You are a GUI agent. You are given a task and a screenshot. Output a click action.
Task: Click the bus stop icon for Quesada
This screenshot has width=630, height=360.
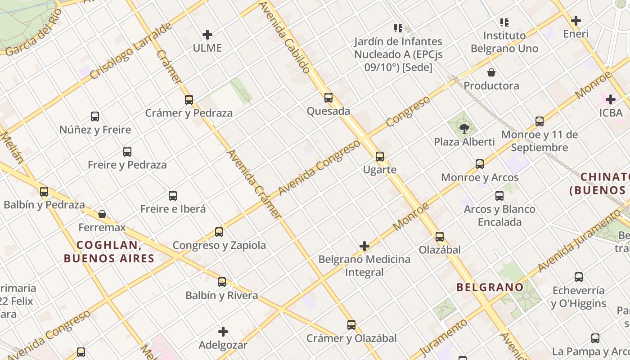328,97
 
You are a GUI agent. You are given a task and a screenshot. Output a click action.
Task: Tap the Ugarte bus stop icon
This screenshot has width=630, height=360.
380,156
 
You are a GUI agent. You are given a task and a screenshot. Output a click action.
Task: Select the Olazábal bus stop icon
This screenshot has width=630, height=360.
440,236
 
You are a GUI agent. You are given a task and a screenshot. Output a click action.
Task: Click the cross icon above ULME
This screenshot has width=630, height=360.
207,35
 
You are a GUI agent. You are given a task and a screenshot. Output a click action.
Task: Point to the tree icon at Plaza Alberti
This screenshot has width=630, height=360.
464,129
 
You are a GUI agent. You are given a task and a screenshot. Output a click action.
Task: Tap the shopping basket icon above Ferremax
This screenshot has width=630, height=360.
102,214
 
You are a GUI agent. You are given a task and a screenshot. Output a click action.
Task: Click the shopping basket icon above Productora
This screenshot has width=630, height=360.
491,72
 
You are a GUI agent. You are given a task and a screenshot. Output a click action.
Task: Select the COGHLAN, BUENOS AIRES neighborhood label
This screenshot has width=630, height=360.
109,252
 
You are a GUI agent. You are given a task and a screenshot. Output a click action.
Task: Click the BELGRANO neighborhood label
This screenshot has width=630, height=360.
490,287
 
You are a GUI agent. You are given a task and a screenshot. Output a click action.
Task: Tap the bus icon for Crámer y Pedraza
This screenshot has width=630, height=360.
189,99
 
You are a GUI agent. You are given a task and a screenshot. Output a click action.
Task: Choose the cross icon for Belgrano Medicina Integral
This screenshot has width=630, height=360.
364,246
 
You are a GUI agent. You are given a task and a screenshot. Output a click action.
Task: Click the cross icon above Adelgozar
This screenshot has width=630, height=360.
223,332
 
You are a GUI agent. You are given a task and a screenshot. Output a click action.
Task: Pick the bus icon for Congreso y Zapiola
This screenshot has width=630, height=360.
219,232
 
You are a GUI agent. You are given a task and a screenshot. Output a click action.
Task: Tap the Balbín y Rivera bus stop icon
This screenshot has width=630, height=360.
222,282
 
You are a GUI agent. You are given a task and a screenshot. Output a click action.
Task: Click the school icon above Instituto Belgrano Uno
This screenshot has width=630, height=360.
504,22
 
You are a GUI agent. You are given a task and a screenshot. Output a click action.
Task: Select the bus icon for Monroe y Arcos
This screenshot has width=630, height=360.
480,164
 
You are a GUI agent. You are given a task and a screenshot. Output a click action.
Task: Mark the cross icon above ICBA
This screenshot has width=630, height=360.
611,99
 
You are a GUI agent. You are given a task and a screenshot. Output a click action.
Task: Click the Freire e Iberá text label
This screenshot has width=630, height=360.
173,209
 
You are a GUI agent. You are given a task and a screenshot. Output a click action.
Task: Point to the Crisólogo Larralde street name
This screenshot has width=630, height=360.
131,51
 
